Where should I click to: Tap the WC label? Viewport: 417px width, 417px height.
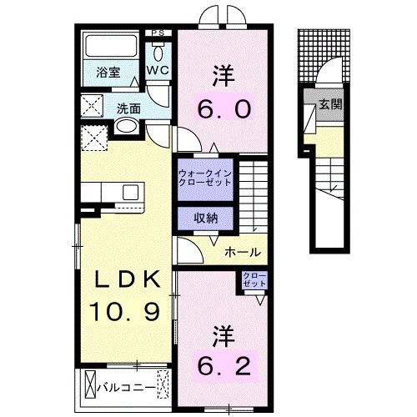pos(158,72)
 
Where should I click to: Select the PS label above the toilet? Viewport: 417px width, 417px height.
pos(158,33)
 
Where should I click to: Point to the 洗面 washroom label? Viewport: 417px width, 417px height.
pos(128,108)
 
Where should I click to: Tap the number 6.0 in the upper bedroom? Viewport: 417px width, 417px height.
pos(222,109)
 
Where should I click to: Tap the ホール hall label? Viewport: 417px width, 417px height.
pos(243,253)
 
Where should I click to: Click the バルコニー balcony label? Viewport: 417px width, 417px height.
pos(124,388)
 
